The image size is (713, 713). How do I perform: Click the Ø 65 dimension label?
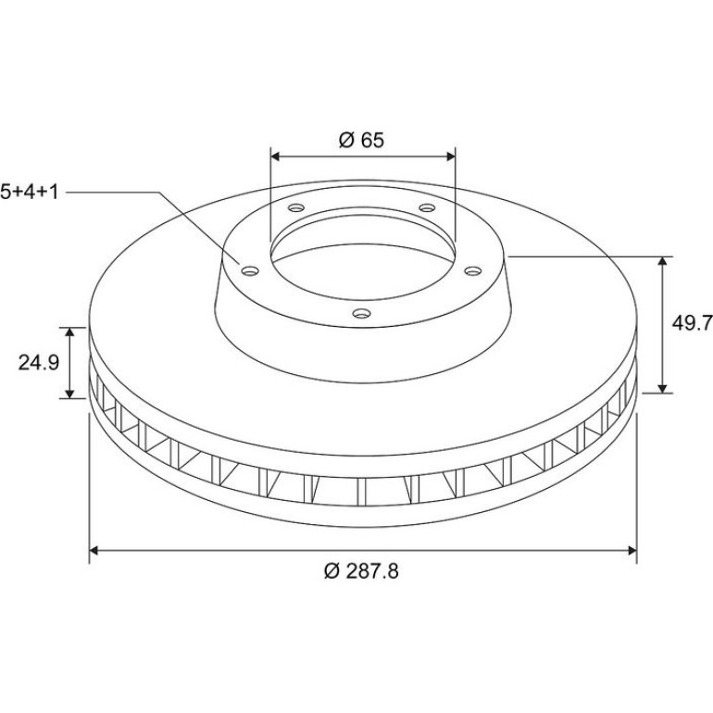click(361, 140)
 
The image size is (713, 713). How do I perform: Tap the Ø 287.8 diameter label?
click(361, 571)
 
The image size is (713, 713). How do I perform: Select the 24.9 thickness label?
click(39, 363)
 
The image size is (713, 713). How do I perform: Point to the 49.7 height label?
click(692, 323)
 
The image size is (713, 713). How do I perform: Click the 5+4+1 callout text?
click(30, 192)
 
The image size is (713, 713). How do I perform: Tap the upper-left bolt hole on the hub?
click(296, 208)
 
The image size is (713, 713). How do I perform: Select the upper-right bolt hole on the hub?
click(427, 207)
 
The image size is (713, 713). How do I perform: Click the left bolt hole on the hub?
click(250, 271)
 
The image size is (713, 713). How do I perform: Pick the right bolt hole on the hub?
click(473, 271)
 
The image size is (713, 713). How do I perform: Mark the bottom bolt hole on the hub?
click(362, 313)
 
